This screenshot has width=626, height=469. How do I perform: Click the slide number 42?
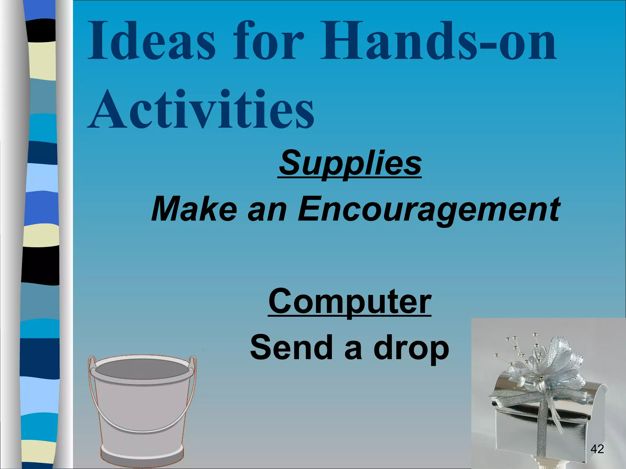pos(597,449)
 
